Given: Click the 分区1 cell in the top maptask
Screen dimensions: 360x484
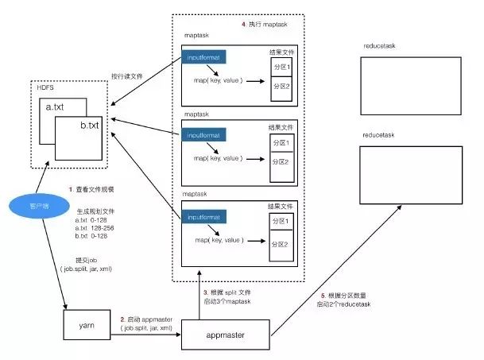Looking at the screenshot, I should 281,68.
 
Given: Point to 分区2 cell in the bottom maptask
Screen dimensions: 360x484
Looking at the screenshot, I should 281,244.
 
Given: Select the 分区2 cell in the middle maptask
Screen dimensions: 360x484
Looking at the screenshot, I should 281,163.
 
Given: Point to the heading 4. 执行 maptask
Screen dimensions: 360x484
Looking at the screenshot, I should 268,25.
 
